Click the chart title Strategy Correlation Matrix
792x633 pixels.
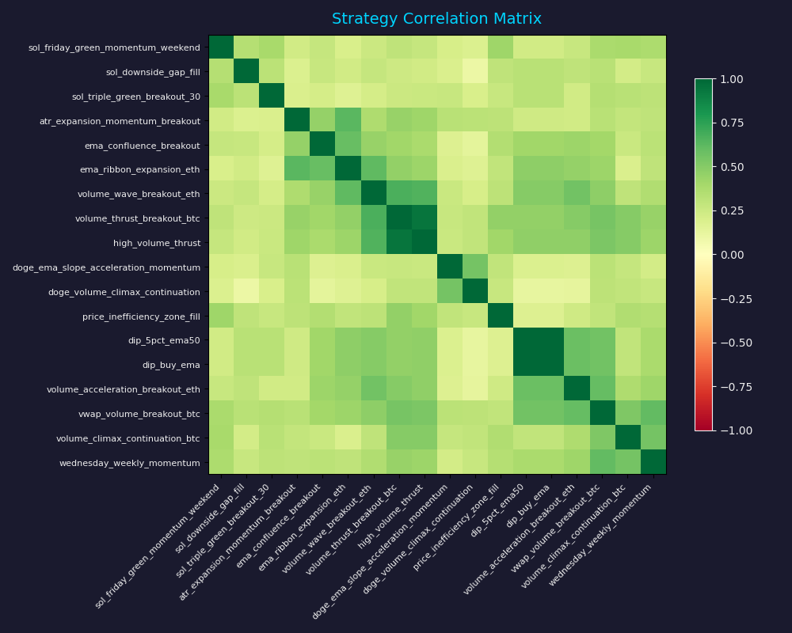[x=436, y=19]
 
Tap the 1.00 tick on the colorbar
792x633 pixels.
[x=733, y=79]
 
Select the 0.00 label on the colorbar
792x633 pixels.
[x=733, y=255]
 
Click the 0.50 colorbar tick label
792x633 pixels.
[x=733, y=167]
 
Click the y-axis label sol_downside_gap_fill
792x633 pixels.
[x=153, y=72]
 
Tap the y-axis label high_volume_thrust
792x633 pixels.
[x=157, y=244]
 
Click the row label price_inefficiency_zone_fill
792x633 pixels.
[x=141, y=316]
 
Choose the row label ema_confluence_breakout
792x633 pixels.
[x=143, y=146]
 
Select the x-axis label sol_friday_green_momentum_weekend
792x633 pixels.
[x=158, y=546]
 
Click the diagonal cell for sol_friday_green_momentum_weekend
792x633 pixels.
[x=221, y=47]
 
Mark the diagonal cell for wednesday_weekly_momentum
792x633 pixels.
[x=653, y=462]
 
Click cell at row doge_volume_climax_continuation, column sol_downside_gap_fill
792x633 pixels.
[x=246, y=292]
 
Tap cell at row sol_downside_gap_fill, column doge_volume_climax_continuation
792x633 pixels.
[x=474, y=72]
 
